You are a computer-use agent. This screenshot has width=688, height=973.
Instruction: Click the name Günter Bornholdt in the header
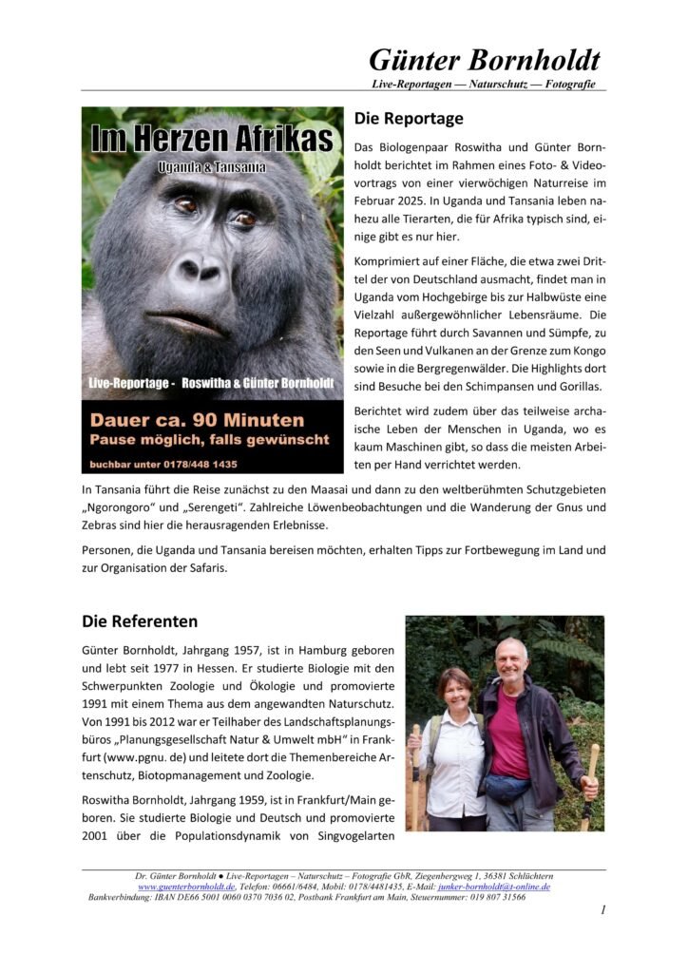[x=485, y=61]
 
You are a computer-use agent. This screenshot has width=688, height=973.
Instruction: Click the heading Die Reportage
[x=409, y=119]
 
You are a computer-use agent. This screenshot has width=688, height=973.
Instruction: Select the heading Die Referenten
[x=140, y=621]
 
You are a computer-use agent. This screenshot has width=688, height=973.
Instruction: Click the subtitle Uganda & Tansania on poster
[x=211, y=167]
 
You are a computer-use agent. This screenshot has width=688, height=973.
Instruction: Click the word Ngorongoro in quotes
[x=123, y=507]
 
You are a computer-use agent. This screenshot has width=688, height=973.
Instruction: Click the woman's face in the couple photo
[x=453, y=690]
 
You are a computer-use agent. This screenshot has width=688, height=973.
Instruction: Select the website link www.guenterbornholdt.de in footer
[x=186, y=887]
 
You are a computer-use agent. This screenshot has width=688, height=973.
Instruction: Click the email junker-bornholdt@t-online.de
[x=495, y=887]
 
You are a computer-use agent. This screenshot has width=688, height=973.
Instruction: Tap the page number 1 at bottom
[x=602, y=910]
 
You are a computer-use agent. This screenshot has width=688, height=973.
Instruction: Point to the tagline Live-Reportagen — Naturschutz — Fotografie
[x=485, y=86]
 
